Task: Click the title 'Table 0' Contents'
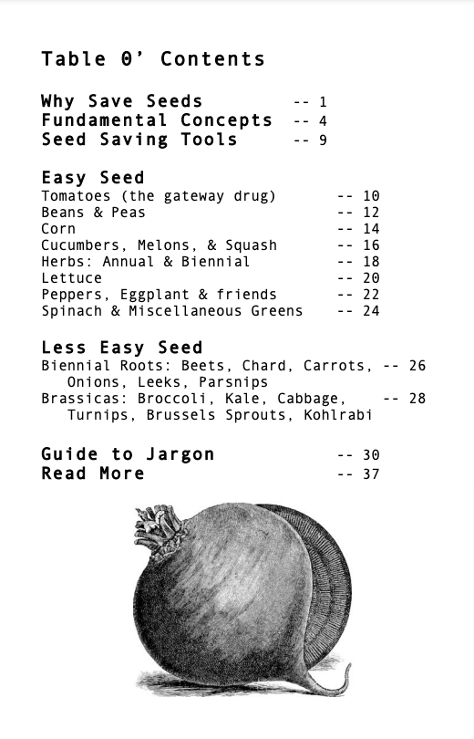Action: (152, 60)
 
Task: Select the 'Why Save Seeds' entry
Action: (121, 101)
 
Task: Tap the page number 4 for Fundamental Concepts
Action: (323, 121)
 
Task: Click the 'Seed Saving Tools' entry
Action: (139, 140)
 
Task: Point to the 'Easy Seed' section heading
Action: (92, 177)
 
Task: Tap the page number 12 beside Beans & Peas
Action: (370, 213)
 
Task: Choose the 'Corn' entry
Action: (58, 229)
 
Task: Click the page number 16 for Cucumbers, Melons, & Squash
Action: (370, 245)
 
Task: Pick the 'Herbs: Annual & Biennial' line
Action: (145, 262)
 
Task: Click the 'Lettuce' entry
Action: (71, 278)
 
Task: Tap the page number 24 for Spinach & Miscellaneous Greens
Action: (370, 311)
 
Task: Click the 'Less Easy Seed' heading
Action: (121, 348)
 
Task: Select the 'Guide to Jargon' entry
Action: (128, 454)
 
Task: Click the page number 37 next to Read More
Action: (370, 474)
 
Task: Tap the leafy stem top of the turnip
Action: (160, 530)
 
